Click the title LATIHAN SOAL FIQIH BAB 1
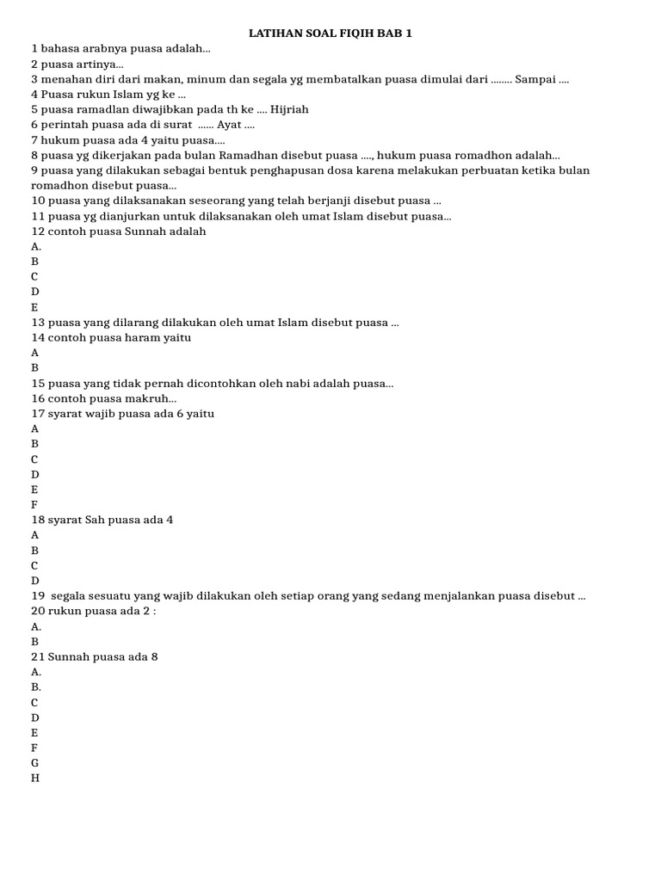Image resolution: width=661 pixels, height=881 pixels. click(x=330, y=34)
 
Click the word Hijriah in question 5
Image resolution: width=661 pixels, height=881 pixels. click(x=289, y=109)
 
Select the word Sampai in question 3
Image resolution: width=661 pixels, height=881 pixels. click(x=534, y=79)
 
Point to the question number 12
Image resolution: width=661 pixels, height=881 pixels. click(x=37, y=231)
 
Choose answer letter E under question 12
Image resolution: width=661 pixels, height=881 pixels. click(x=34, y=307)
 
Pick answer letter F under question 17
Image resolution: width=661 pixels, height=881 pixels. click(x=34, y=505)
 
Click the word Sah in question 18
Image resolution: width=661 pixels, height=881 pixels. click(x=96, y=520)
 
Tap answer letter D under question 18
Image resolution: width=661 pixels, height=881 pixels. click(x=35, y=581)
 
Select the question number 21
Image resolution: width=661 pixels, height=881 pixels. click(x=37, y=656)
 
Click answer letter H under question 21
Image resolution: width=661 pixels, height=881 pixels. click(x=35, y=779)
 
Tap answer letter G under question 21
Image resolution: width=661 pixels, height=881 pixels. click(x=35, y=763)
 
